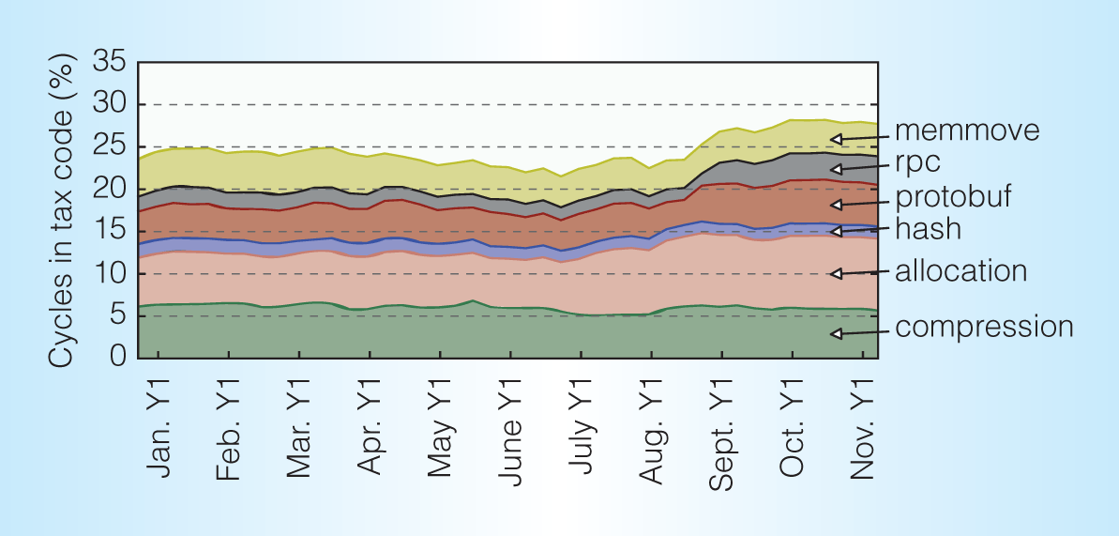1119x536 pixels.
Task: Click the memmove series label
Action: coord(967,130)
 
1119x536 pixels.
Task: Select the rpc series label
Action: coord(918,163)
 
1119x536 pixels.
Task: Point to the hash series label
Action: coord(928,228)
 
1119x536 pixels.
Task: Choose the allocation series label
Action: coord(960,272)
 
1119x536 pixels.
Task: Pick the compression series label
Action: coord(984,328)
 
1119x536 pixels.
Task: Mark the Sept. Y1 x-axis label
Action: coord(720,434)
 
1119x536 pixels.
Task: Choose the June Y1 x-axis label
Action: coord(509,433)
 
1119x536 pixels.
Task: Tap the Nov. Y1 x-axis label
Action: coord(861,431)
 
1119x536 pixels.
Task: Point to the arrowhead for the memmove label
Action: coord(834,139)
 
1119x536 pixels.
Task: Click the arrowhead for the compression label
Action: coord(834,333)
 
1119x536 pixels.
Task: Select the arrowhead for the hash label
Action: coord(834,231)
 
